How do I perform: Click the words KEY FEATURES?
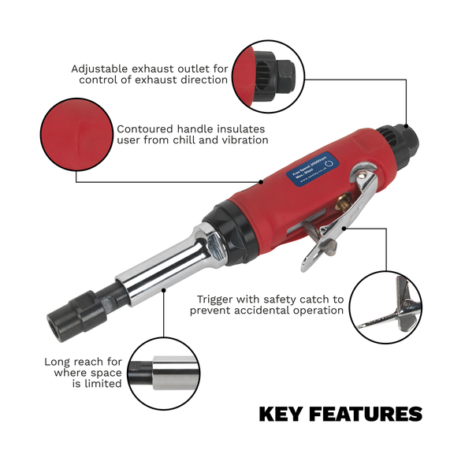coord(340,414)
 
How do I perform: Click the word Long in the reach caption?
coord(58,362)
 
